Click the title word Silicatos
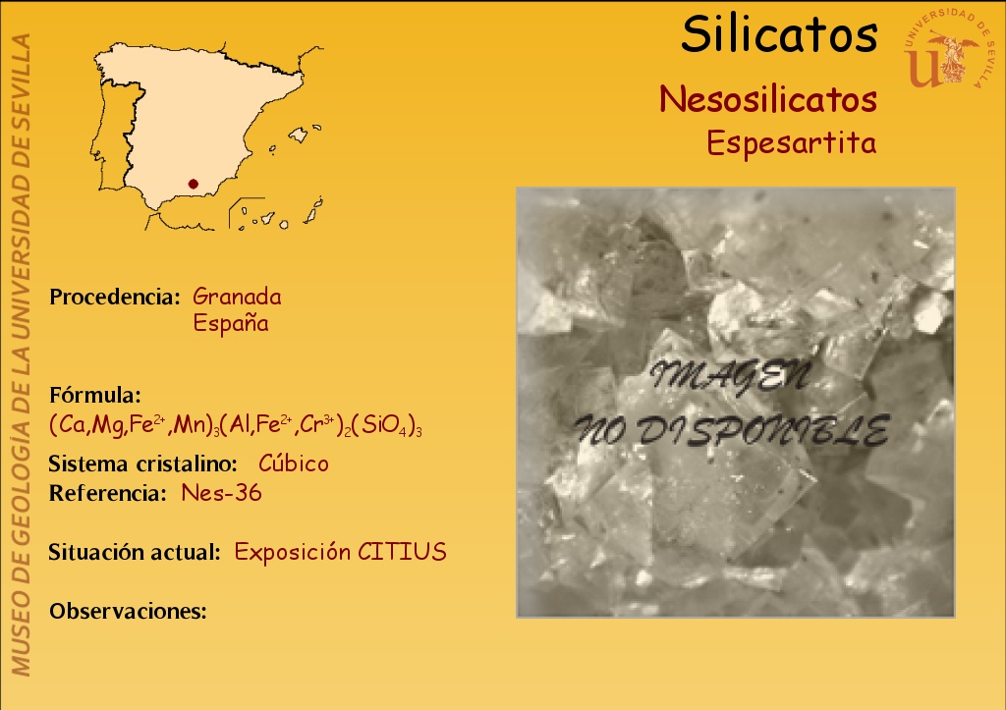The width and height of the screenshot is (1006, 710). (779, 34)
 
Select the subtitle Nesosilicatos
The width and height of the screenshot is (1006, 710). (768, 99)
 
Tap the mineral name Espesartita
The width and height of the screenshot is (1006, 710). (791, 142)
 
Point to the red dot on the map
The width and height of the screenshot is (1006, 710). (194, 184)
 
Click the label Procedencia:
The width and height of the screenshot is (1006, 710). (115, 297)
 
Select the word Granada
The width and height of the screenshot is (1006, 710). (237, 297)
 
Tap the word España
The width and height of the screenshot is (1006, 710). (230, 323)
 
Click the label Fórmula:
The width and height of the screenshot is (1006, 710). (95, 395)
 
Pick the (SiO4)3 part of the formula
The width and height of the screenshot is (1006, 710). (387, 425)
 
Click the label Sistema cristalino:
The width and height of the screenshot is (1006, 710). (143, 464)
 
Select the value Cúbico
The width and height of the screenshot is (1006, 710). (293, 464)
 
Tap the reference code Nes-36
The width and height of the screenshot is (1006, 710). (221, 493)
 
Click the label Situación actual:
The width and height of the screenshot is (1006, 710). (135, 552)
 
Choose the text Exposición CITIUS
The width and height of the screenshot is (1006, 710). (340, 552)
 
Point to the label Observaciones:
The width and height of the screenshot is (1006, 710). (129, 611)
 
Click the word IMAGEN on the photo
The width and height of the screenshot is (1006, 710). (731, 376)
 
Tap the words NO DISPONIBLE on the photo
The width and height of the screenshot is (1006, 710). (731, 430)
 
